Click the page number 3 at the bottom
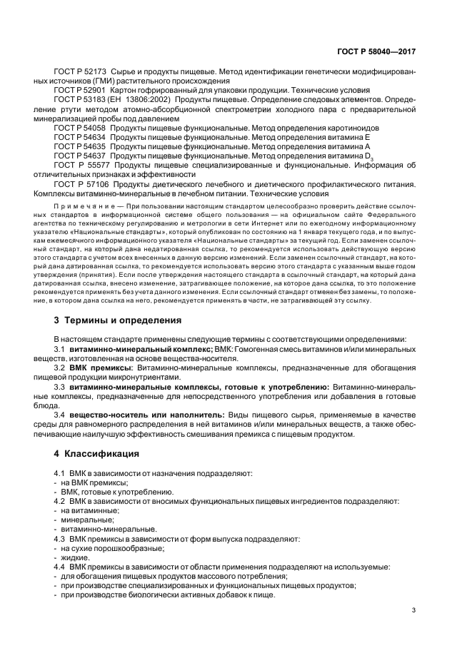pyautogui.click(x=413, y=610)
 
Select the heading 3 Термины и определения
pyautogui.click(x=118, y=320)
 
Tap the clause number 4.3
pyautogui.click(x=60, y=539)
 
